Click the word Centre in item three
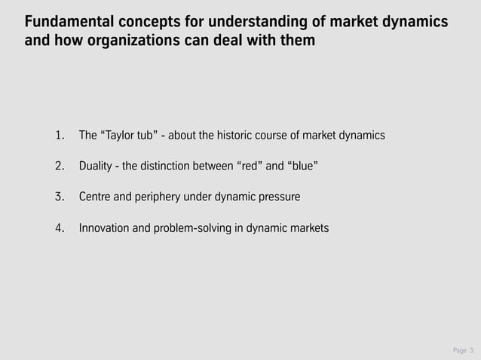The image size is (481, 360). coord(97,197)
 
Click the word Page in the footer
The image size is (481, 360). coord(458,350)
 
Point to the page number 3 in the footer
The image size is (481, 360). coord(470,350)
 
